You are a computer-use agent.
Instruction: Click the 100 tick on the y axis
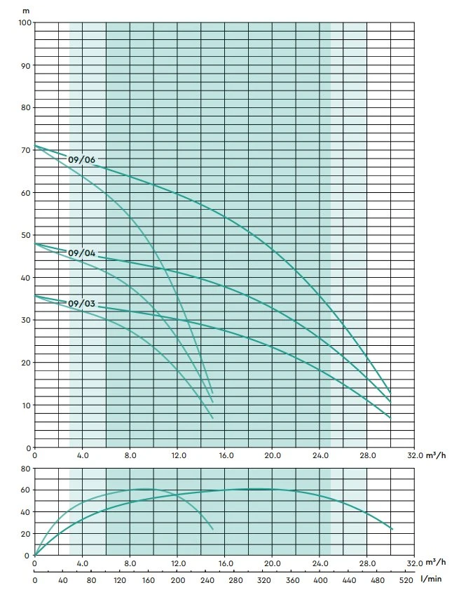coord(24,22)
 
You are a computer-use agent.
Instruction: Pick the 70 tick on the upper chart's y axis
coord(26,150)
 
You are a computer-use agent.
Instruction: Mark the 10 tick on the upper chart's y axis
coord(26,405)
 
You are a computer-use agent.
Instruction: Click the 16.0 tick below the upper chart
coord(225,456)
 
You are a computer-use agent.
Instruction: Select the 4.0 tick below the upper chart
coord(82,456)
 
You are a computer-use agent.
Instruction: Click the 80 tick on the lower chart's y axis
coord(26,468)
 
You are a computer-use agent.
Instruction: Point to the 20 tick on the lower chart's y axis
coord(26,534)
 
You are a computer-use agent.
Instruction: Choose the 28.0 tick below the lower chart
coord(367,563)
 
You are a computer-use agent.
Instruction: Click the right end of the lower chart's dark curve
coord(392,529)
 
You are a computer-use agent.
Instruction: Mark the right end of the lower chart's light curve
coord(212,529)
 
